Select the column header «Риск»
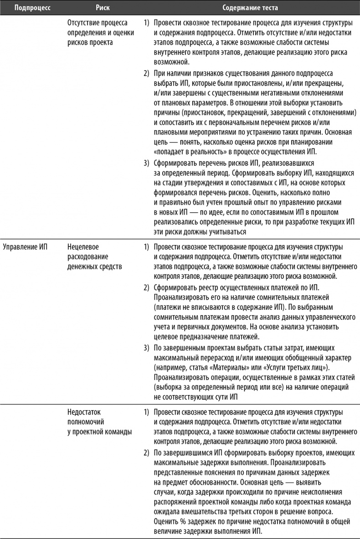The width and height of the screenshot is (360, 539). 103,8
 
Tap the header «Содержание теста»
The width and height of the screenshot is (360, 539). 250,8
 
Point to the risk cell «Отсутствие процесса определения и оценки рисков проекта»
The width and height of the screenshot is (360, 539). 97,32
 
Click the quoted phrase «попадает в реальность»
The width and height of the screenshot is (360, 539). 190,152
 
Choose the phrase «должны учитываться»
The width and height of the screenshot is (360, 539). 218,232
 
